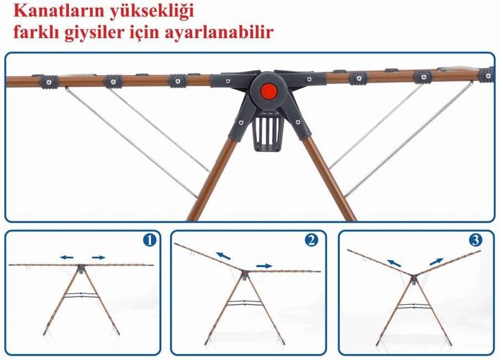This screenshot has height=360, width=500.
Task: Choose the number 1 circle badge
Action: (x=150, y=240)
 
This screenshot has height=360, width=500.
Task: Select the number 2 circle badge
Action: (x=312, y=240)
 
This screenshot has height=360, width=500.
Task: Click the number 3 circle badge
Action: (x=476, y=240)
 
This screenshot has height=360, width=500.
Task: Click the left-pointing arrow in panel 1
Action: (x=67, y=257)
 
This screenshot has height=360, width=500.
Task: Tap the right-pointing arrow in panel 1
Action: (x=98, y=257)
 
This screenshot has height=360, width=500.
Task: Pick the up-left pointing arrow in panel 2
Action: (x=223, y=256)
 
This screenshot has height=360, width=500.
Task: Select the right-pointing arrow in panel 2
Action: (x=265, y=266)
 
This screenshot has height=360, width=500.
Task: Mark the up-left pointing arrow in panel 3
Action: (x=394, y=263)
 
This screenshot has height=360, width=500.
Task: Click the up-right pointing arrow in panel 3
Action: (x=436, y=262)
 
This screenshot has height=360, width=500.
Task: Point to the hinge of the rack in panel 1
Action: (x=82, y=268)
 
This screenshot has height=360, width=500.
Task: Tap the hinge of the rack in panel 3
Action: (x=413, y=278)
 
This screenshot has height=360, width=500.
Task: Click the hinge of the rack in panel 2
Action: (x=245, y=274)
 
